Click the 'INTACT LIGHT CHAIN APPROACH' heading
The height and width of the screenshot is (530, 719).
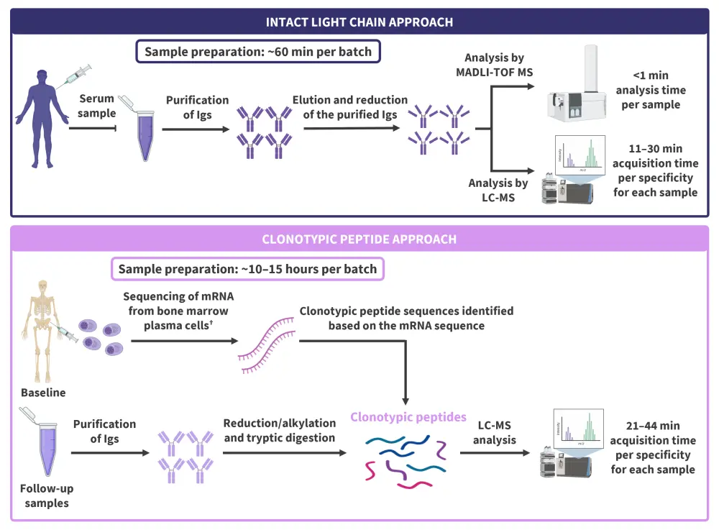pyautogui.click(x=359, y=22)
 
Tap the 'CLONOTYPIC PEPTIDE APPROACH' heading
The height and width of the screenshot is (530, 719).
pyautogui.click(x=359, y=239)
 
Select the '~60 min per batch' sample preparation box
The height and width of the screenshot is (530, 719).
pyautogui.click(x=257, y=52)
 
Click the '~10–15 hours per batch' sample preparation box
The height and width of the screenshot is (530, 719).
pyautogui.click(x=247, y=269)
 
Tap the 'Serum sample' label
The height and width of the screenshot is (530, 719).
pyautogui.click(x=97, y=106)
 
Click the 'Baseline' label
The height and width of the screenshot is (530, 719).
pyautogui.click(x=43, y=393)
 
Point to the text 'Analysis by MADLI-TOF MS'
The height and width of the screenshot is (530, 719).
pyautogui.click(x=494, y=65)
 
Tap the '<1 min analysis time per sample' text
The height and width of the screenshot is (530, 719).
pyautogui.click(x=649, y=91)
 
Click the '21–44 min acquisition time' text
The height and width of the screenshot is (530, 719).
pyautogui.click(x=653, y=447)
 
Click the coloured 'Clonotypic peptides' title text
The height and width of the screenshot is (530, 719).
pyautogui.click(x=408, y=417)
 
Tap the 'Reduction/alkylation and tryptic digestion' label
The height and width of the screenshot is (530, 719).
pyautogui.click(x=279, y=430)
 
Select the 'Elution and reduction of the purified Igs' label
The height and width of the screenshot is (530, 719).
pyautogui.click(x=350, y=107)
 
